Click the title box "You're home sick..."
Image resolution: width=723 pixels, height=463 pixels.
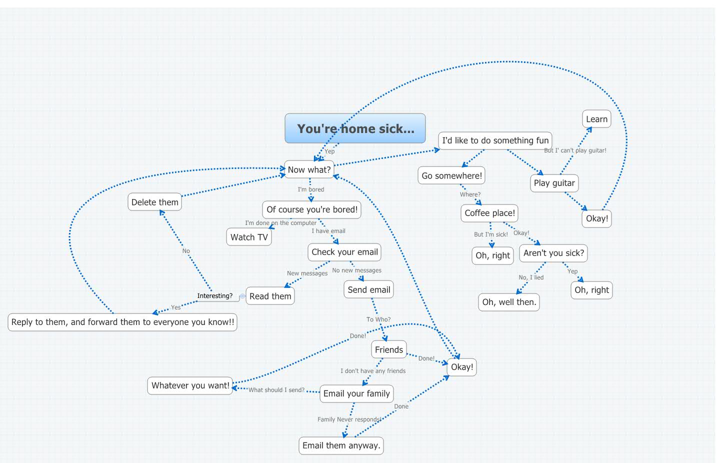click(x=355, y=128)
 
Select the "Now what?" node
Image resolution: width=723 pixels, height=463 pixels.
click(x=309, y=170)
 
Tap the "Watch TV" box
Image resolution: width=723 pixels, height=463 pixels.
click(x=249, y=237)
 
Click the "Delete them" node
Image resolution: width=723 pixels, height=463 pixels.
click(x=154, y=202)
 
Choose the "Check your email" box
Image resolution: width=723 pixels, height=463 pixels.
click(x=344, y=252)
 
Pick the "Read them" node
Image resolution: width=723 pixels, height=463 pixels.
click(x=270, y=296)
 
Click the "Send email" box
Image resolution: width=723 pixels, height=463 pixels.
click(x=368, y=289)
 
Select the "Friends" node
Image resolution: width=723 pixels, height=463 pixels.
click(x=388, y=349)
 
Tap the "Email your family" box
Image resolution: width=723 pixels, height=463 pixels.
click(x=356, y=393)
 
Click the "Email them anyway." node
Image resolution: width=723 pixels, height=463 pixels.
click(x=341, y=445)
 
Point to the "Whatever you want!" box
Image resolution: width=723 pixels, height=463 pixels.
click(x=190, y=385)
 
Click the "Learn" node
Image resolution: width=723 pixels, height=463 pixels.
click(x=596, y=119)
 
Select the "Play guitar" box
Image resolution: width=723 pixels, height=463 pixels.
click(x=554, y=183)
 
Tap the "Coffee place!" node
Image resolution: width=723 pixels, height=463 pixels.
click(x=489, y=213)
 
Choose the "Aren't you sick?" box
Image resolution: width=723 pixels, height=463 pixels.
click(x=553, y=253)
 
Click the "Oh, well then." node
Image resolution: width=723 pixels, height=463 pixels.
click(x=509, y=302)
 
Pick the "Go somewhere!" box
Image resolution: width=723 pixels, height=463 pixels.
click(x=451, y=175)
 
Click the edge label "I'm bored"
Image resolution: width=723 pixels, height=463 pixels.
click(x=311, y=189)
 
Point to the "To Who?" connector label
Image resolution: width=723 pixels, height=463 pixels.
click(x=378, y=319)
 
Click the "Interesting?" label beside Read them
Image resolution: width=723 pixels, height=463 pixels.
click(x=215, y=296)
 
